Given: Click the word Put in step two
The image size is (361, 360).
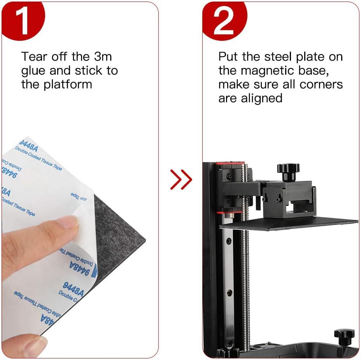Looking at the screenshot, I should tap(228, 57).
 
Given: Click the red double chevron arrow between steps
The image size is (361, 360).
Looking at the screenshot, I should tap(181, 179).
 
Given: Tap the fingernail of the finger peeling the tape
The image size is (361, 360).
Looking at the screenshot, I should tap(71, 222).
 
